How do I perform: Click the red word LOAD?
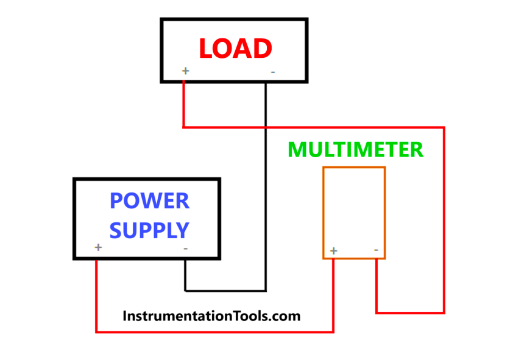(x=235, y=49)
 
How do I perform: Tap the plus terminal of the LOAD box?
(x=185, y=71)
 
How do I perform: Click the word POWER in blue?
(x=149, y=200)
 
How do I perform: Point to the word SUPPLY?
(x=149, y=230)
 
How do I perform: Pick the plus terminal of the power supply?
(x=98, y=247)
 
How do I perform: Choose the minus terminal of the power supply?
(x=185, y=249)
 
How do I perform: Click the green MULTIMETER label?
(x=355, y=149)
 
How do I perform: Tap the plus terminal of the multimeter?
(x=333, y=250)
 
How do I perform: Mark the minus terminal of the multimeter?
(x=376, y=250)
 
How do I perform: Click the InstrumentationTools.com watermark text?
(x=211, y=316)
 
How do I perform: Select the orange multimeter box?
(x=354, y=213)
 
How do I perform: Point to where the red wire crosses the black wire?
(x=266, y=127)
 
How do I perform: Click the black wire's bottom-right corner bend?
(x=266, y=290)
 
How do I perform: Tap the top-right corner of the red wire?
(x=444, y=127)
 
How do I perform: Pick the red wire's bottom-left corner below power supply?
(x=96, y=332)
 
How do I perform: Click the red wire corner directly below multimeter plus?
(x=333, y=332)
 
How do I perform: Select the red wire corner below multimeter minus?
(x=376, y=313)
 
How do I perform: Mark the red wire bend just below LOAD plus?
(x=183, y=127)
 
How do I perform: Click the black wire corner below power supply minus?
(x=185, y=290)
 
